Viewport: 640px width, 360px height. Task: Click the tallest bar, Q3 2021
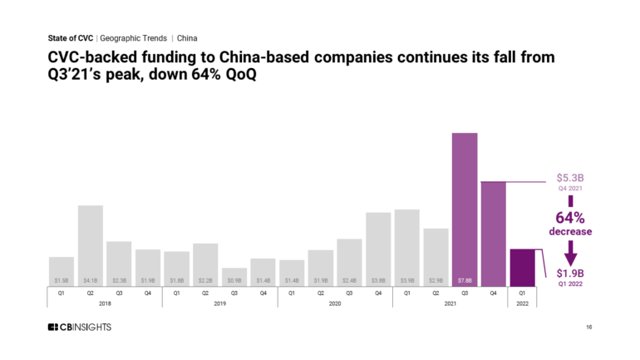tap(465, 208)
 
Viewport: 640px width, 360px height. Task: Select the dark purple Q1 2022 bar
tap(522, 266)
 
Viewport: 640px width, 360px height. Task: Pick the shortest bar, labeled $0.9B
tap(234, 275)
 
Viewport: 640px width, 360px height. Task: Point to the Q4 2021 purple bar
tap(493, 233)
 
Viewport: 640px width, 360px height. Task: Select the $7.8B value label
tap(465, 281)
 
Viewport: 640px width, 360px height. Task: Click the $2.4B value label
tap(349, 281)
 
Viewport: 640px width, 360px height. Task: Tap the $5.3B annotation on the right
tap(570, 178)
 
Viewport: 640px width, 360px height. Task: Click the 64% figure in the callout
tap(569, 218)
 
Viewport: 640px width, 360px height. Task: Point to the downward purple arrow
tap(570, 249)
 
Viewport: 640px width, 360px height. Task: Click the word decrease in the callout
tap(569, 232)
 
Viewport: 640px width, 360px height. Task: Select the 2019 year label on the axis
tap(219, 304)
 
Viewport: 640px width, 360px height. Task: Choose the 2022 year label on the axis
tap(522, 304)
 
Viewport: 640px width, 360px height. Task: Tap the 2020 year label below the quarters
tap(335, 304)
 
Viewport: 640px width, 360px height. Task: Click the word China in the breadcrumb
tap(187, 38)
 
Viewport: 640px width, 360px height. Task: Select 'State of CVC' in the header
tap(70, 38)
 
